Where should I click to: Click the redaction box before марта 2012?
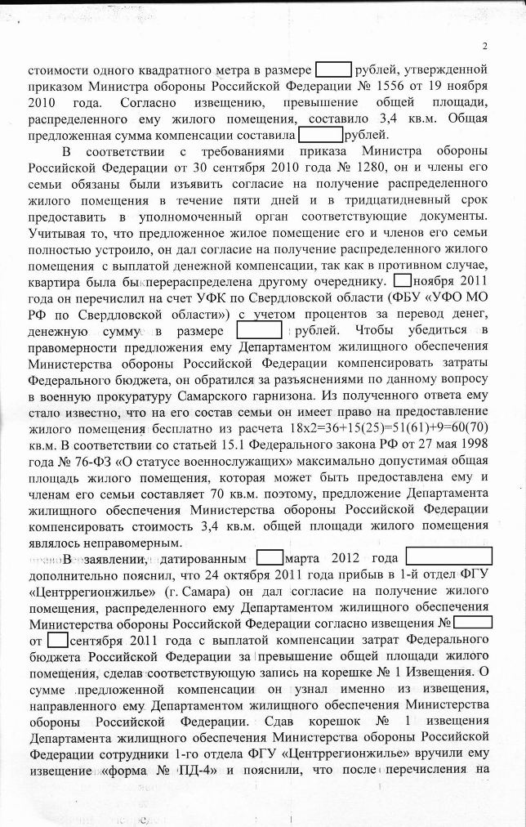tap(270, 558)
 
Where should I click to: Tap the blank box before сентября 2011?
tap(59, 638)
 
